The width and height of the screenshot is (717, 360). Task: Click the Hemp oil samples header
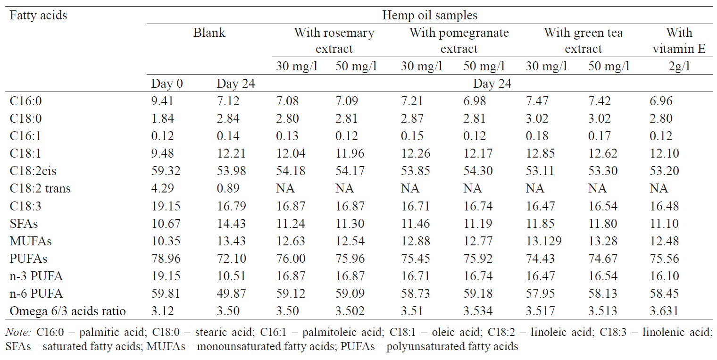pyautogui.click(x=429, y=16)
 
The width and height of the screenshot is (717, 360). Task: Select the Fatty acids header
pyautogui.click(x=38, y=16)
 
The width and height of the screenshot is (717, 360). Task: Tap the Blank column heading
pyautogui.click(x=209, y=33)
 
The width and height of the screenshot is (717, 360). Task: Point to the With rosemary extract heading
pyautogui.click(x=334, y=41)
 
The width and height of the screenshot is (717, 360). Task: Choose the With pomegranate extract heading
pyautogui.click(x=459, y=41)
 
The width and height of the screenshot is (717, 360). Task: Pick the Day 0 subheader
pyautogui.click(x=167, y=84)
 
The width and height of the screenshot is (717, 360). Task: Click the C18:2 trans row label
pyautogui.click(x=40, y=189)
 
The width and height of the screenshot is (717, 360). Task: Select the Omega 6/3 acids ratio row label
pyautogui.click(x=67, y=311)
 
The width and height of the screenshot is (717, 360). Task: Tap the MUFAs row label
pyautogui.click(x=31, y=241)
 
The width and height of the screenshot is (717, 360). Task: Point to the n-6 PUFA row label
pyautogui.click(x=36, y=294)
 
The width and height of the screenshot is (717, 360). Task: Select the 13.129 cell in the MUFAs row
pyautogui.click(x=543, y=241)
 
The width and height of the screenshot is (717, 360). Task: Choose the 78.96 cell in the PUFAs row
pyautogui.click(x=165, y=259)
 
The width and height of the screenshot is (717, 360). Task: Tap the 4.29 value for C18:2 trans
pyautogui.click(x=162, y=189)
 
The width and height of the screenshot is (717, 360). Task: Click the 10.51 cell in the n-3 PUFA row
pyautogui.click(x=231, y=276)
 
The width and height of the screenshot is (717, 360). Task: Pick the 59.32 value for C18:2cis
pyautogui.click(x=165, y=171)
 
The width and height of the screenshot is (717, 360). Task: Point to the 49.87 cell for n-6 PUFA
pyautogui.click(x=231, y=294)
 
